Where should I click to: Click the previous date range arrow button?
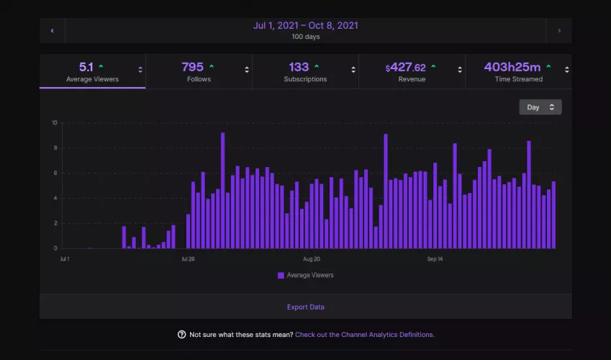click(52, 31)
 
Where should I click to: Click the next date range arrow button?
click(559, 31)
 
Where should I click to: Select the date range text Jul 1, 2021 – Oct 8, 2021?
click(305, 26)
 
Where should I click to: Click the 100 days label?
click(305, 37)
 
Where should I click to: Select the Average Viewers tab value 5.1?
click(86, 67)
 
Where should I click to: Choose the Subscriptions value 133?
click(299, 67)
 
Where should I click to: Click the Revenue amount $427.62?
click(406, 68)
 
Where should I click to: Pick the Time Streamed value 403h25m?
click(512, 67)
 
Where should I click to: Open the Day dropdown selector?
click(540, 107)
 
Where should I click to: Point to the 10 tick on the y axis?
click(54, 122)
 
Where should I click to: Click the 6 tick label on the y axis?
click(55, 173)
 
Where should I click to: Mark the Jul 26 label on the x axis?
click(187, 258)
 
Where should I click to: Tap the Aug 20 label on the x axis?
click(312, 258)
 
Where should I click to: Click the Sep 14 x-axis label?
click(435, 258)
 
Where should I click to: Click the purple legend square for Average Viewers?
click(281, 275)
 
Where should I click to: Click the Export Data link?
click(305, 307)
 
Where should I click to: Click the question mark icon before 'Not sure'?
click(181, 335)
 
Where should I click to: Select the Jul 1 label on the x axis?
click(65, 258)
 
